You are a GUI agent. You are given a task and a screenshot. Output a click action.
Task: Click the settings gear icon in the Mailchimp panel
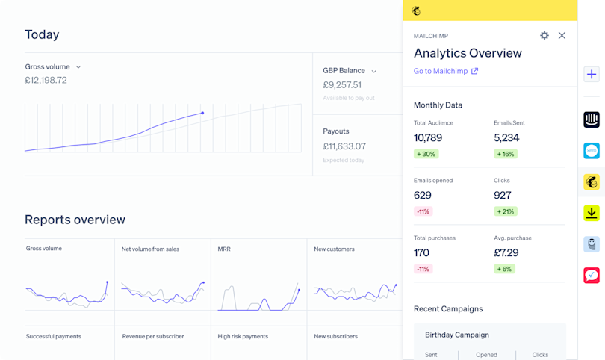[x=544, y=36]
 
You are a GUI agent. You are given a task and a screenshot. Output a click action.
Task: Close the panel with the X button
[x=562, y=36]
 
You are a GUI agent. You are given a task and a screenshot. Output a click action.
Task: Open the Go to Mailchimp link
[x=446, y=71]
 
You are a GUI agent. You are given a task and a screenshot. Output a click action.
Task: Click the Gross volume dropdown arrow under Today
[x=78, y=67]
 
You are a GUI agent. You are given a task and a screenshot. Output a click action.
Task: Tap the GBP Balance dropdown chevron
[x=374, y=72]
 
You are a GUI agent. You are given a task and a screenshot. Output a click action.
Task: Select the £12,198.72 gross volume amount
[x=46, y=81]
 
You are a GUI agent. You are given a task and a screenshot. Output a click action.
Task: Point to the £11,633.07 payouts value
[x=344, y=146]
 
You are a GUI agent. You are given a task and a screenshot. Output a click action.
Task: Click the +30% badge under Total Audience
[x=426, y=154]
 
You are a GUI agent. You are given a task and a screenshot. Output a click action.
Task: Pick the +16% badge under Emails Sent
[x=506, y=154]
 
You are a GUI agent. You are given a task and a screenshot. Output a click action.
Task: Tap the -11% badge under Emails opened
[x=423, y=211]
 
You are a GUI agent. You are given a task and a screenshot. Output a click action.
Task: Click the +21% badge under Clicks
[x=506, y=211]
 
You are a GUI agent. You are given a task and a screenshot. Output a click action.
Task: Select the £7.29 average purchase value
[x=506, y=252]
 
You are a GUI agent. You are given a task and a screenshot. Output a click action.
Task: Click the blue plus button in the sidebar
[x=592, y=75]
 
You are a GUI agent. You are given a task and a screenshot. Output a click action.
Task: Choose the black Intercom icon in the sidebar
[x=592, y=120]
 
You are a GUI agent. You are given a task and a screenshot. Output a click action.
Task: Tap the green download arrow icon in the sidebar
[x=592, y=213]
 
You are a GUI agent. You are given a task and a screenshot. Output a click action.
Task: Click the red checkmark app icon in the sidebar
[x=592, y=276]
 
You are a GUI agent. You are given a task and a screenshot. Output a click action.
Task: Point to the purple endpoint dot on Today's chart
[x=202, y=114]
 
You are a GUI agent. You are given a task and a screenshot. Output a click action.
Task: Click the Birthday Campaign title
[x=457, y=335]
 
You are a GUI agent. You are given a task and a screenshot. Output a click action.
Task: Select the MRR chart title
[x=224, y=249]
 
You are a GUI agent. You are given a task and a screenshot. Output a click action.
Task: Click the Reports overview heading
[x=75, y=220]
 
